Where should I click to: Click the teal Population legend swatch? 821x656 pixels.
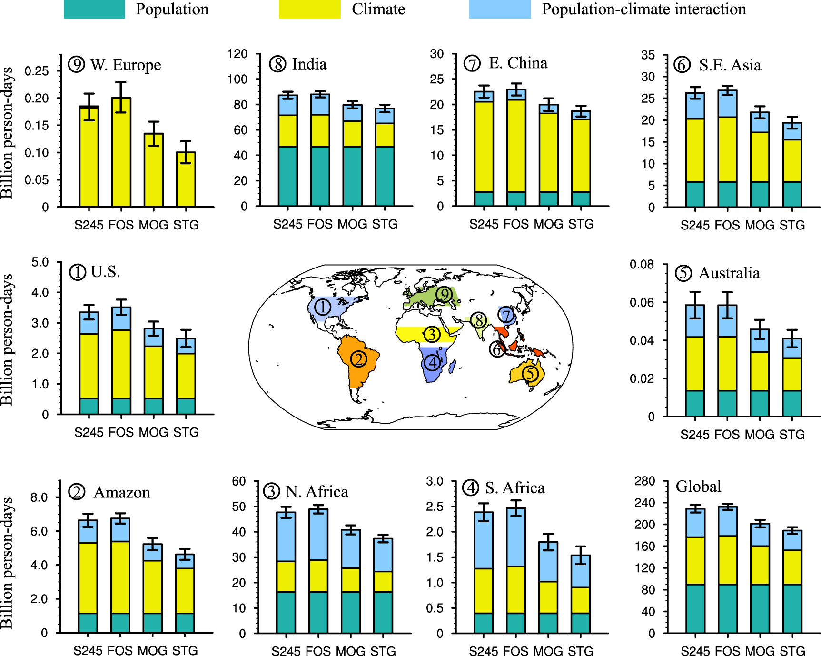point(94,9)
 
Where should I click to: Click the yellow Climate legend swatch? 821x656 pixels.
point(309,9)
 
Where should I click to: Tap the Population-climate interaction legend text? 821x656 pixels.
point(643,9)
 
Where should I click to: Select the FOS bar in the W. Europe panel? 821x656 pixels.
point(121,152)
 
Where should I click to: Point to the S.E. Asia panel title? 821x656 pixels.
point(729,65)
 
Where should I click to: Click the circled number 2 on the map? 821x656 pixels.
point(358,359)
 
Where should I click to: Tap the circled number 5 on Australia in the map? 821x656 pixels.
point(530,374)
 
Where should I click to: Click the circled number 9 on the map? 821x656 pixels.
point(444,295)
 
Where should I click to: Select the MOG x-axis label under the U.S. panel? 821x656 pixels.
point(153,432)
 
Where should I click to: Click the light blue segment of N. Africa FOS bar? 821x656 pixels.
point(318,535)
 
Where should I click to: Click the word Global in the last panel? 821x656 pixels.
point(698,487)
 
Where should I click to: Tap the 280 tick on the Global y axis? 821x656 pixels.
point(645,481)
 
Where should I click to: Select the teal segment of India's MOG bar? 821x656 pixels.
point(352,176)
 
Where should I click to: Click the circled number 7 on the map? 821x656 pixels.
point(507,315)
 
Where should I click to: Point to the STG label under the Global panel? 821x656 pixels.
point(792,651)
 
